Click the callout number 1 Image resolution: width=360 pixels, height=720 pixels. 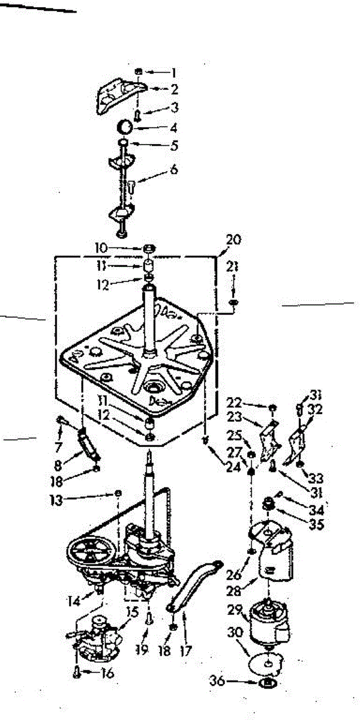click(173, 73)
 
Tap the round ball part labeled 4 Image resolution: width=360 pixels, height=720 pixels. click(124, 127)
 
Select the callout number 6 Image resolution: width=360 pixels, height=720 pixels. click(173, 170)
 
